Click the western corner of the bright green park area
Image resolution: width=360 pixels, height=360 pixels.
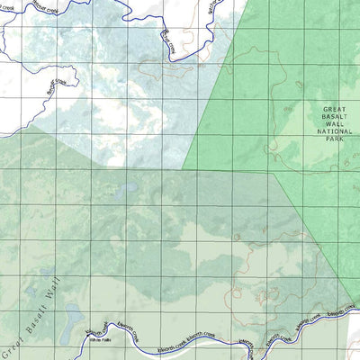coord(184,167)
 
